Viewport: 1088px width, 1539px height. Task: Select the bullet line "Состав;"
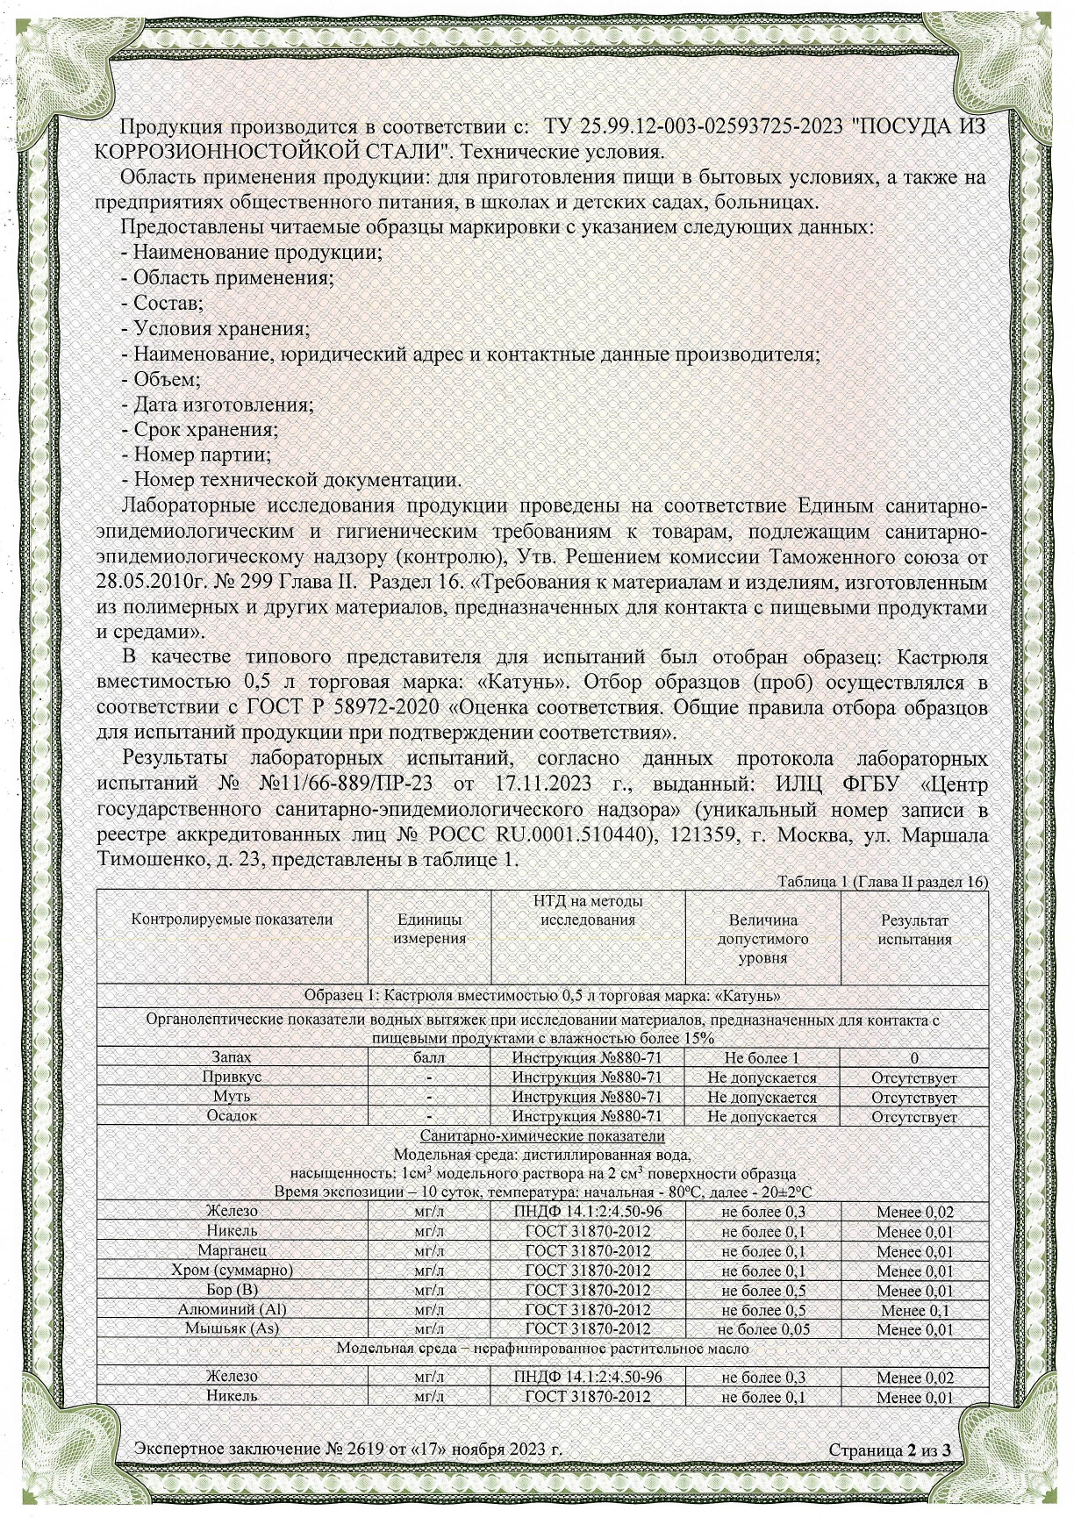[162, 304]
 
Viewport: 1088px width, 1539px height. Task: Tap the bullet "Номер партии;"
[197, 455]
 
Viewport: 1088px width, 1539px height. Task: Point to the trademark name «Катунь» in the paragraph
[529, 683]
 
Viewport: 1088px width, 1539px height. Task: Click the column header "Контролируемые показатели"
[232, 920]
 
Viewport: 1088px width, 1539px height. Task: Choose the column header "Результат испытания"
[915, 929]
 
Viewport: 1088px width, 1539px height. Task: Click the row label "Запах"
[232, 1058]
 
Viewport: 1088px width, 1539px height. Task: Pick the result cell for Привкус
[914, 1077]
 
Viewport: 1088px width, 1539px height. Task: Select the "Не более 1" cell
[762, 1058]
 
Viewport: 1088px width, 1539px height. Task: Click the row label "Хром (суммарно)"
[232, 1271]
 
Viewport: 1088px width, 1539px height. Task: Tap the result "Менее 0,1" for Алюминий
[914, 1310]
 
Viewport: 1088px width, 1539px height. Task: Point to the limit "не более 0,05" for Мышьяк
[762, 1329]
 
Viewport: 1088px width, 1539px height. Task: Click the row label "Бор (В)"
[232, 1291]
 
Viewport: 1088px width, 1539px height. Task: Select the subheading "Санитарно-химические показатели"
[542, 1135]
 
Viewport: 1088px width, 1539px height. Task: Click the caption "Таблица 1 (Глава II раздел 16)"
[883, 882]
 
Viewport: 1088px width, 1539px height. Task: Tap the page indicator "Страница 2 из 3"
[890, 1450]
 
